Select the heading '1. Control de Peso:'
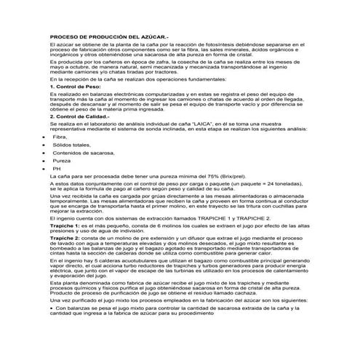pyautogui.click(x=75, y=107)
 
